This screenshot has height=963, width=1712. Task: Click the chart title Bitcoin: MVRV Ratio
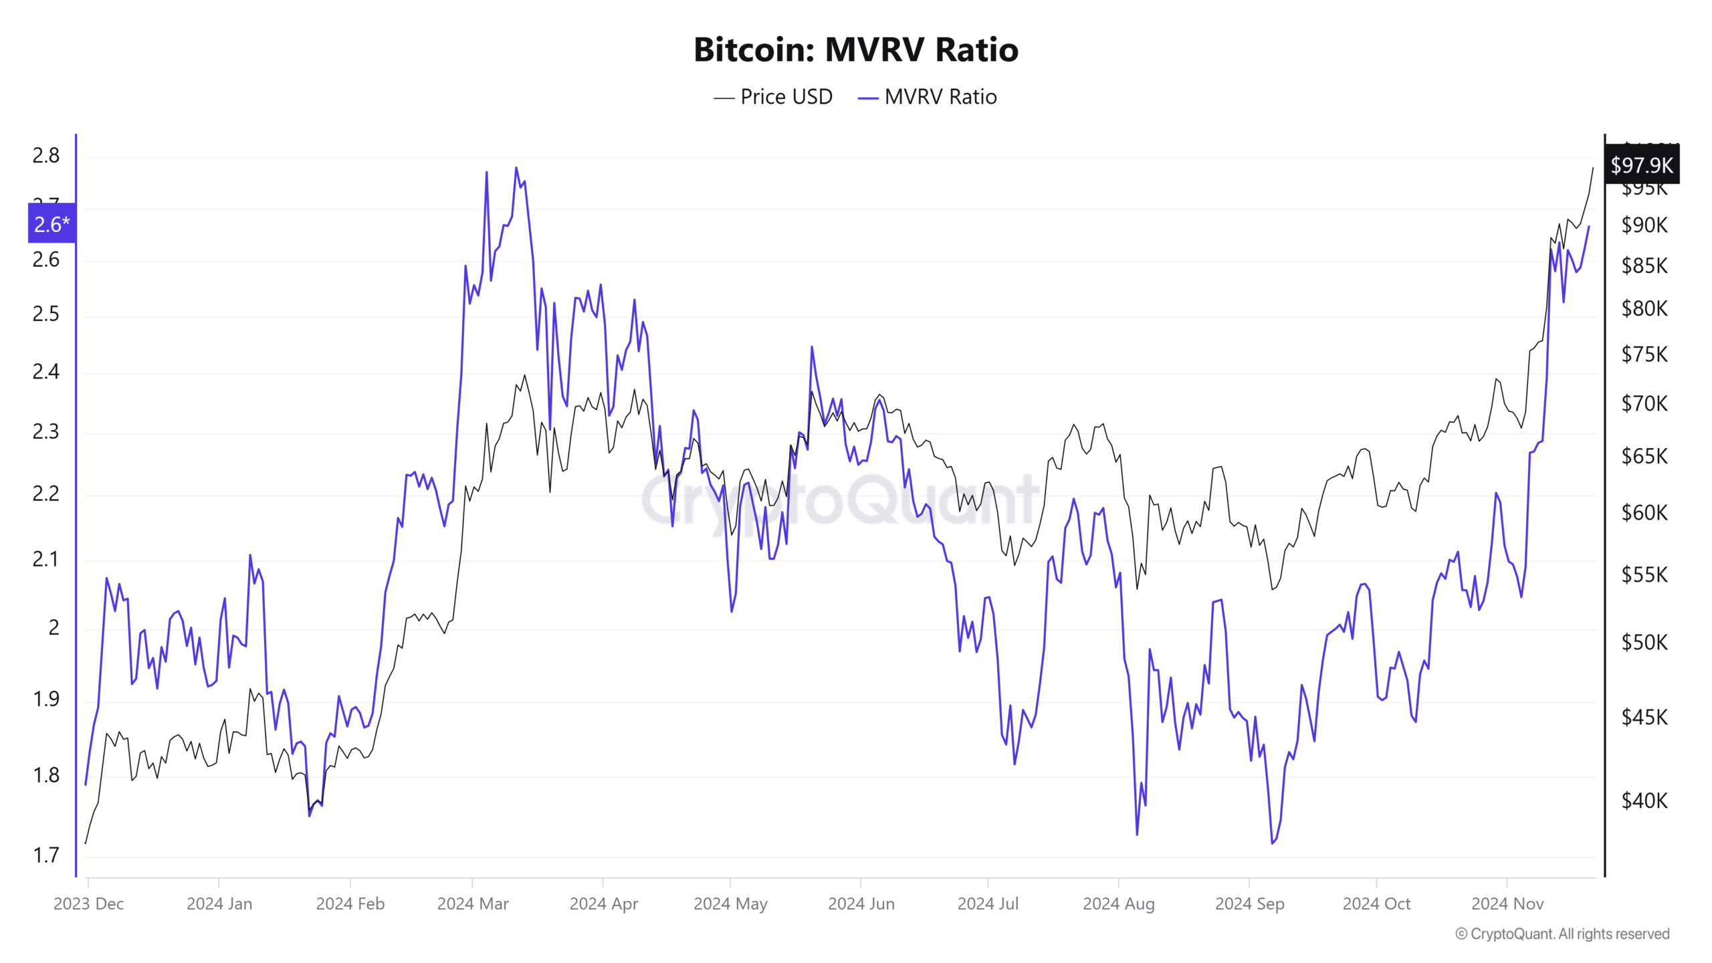click(x=855, y=49)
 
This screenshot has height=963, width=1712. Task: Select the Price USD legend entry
click(x=774, y=97)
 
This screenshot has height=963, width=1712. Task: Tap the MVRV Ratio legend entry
click(x=928, y=97)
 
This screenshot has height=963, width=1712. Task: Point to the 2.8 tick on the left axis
click(x=45, y=156)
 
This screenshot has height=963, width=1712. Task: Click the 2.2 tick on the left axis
click(x=45, y=494)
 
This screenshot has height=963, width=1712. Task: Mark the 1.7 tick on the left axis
click(x=45, y=855)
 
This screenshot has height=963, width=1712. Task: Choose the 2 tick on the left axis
click(x=53, y=628)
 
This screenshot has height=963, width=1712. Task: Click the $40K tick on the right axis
click(x=1644, y=800)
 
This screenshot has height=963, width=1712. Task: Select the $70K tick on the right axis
click(x=1644, y=404)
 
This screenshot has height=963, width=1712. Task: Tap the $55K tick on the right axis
click(x=1644, y=575)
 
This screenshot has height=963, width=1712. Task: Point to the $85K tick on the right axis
click(x=1644, y=266)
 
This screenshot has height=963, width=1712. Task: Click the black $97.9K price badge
click(x=1641, y=165)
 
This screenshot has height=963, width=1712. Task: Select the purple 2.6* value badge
click(x=51, y=224)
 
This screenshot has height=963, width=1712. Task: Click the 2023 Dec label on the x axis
click(x=88, y=904)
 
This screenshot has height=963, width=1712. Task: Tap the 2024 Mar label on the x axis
click(x=473, y=904)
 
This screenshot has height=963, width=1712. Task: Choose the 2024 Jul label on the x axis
click(x=988, y=904)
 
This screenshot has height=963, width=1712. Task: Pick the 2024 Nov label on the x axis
click(x=1507, y=904)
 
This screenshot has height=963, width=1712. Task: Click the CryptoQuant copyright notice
click(x=1562, y=934)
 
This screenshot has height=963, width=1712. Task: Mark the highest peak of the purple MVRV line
click(x=516, y=168)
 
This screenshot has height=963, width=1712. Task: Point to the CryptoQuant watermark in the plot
click(x=839, y=500)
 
